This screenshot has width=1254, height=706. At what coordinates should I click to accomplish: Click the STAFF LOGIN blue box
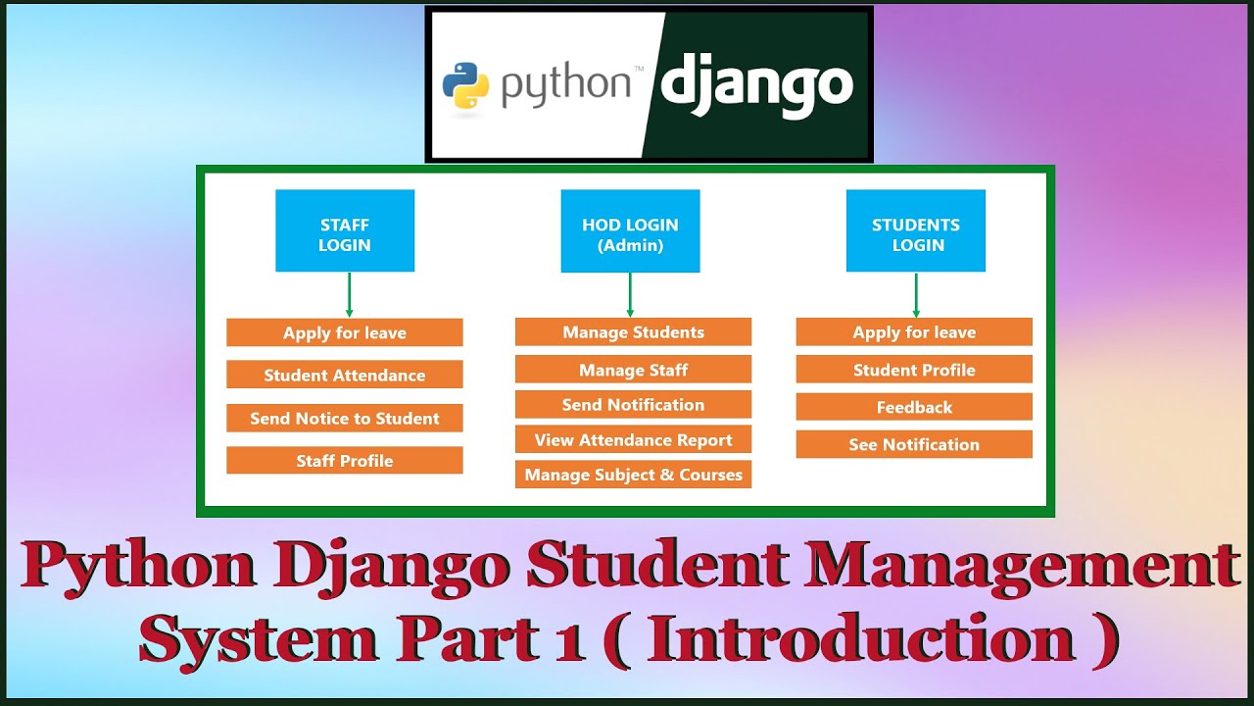pos(345,230)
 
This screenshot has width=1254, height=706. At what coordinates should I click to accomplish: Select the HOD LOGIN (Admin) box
pos(630,231)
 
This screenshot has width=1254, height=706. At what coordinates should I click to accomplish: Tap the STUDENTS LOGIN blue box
pos(916,230)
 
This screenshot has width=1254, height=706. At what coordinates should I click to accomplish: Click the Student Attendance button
pos(345,375)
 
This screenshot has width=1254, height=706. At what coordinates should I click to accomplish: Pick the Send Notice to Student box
pos(345,418)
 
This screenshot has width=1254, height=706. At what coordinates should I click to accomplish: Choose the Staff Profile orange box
pos(345,461)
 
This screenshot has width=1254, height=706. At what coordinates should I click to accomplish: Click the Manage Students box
pos(633,332)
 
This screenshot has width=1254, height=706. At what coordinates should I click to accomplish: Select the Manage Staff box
pos(633,370)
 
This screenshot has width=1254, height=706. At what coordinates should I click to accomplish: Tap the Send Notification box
pos(633,405)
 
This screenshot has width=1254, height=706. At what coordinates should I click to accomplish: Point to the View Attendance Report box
pos(633,440)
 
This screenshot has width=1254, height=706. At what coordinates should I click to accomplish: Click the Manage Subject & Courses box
pos(633,475)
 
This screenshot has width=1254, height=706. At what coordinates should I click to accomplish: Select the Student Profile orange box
pos(914,370)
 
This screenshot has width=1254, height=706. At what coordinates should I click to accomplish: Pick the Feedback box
pos(914,407)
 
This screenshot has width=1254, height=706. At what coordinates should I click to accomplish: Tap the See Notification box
pos(914,444)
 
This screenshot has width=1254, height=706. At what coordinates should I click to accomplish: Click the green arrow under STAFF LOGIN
pos(350,294)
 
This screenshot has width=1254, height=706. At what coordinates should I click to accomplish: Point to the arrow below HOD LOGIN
pos(630,294)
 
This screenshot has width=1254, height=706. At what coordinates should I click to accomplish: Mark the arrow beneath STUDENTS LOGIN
pos(916,294)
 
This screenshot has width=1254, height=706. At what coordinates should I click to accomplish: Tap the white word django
pos(756,86)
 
